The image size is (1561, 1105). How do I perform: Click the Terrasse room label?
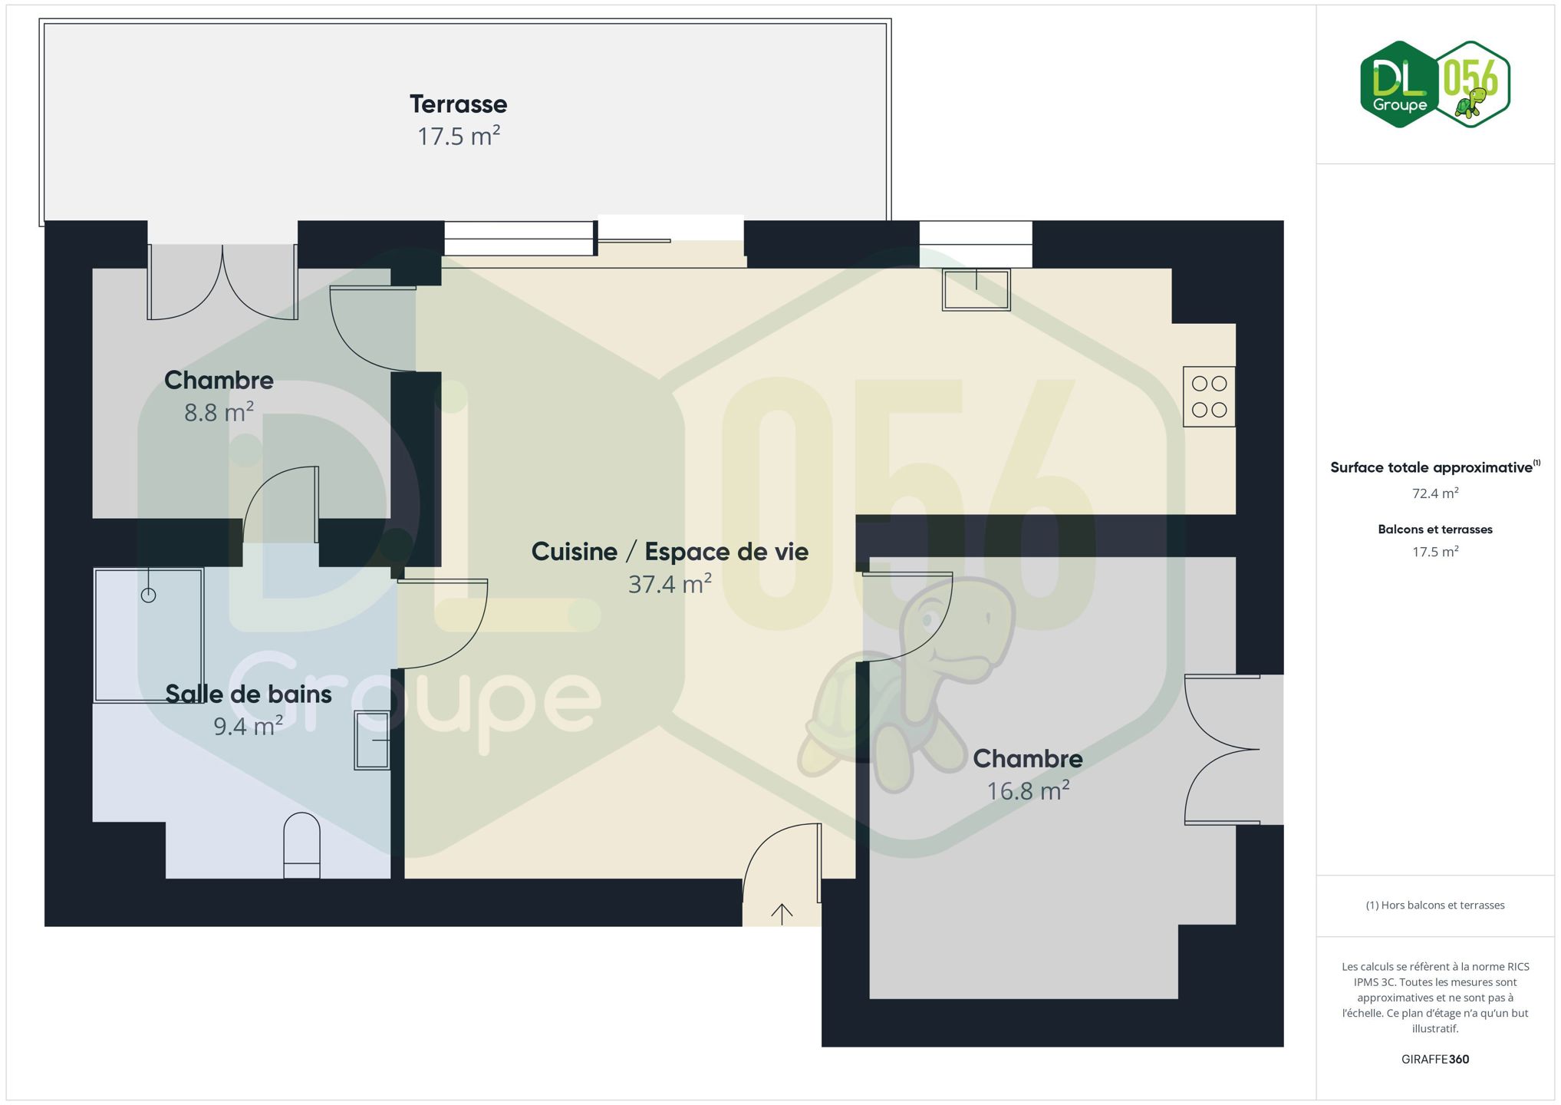pos(458,104)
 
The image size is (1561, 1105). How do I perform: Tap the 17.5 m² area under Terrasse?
pos(459,136)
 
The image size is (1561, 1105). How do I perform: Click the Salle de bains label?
pos(249,694)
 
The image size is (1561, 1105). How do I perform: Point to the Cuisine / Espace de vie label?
pos(670,552)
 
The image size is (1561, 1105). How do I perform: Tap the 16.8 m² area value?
pos(1028,790)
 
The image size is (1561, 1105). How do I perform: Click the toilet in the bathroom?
pos(301,846)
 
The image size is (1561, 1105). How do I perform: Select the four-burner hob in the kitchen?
pos(1209,397)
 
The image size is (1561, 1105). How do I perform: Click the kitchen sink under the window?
pos(976,289)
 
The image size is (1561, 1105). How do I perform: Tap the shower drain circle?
pos(148,595)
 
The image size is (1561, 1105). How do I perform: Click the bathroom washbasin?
pos(372,740)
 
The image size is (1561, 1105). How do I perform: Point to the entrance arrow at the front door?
pos(782,913)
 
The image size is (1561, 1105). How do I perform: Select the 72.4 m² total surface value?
pos(1434,493)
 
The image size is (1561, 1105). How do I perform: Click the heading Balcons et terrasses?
pos(1435,529)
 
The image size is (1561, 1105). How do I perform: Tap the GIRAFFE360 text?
pos(1435,1059)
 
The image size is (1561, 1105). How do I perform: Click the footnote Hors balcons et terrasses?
pos(1435,905)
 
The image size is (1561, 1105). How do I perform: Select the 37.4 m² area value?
pos(670,584)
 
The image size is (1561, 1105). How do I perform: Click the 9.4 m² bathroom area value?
pos(248,726)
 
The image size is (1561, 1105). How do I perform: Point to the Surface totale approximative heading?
pos(1434,467)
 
